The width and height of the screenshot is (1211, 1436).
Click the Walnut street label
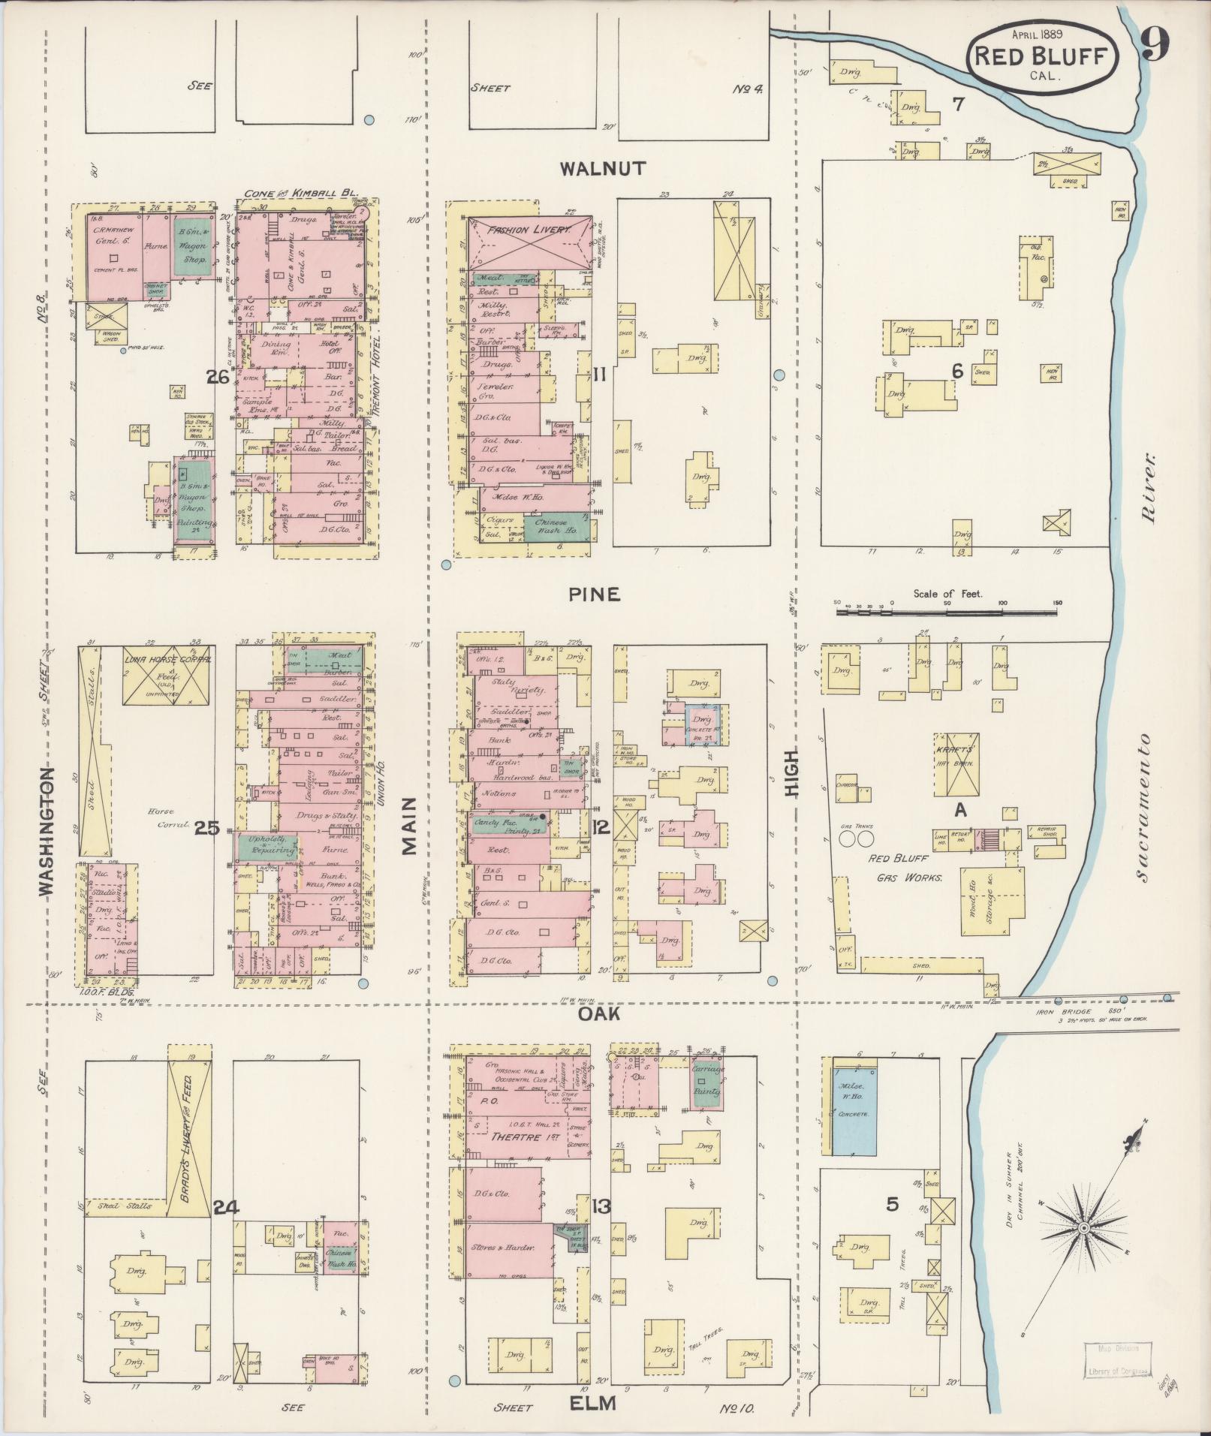(602, 168)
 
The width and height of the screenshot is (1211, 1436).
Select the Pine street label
(594, 595)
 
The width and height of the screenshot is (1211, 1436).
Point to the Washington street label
(47, 830)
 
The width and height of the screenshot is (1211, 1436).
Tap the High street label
(792, 775)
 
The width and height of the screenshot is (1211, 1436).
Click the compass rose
(1083, 1227)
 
